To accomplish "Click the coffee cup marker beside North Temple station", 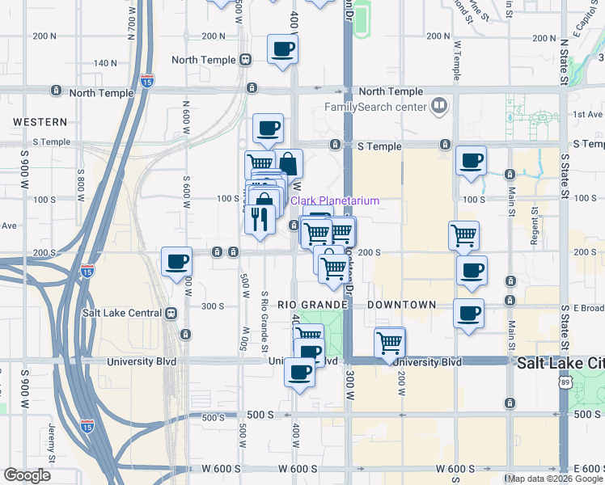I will (x=282, y=49).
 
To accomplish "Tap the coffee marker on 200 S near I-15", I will (x=177, y=262).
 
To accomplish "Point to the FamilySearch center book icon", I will (x=438, y=105).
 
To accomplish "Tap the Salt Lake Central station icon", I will (x=171, y=313).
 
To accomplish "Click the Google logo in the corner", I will (x=27, y=474).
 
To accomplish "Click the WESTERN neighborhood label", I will (x=40, y=122).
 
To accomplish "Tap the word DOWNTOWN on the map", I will (x=401, y=305).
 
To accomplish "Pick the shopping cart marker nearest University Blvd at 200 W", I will (x=390, y=343).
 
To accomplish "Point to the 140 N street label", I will (x=105, y=62).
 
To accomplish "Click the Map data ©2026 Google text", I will (x=554, y=478).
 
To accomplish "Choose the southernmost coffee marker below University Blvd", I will (x=299, y=373).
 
